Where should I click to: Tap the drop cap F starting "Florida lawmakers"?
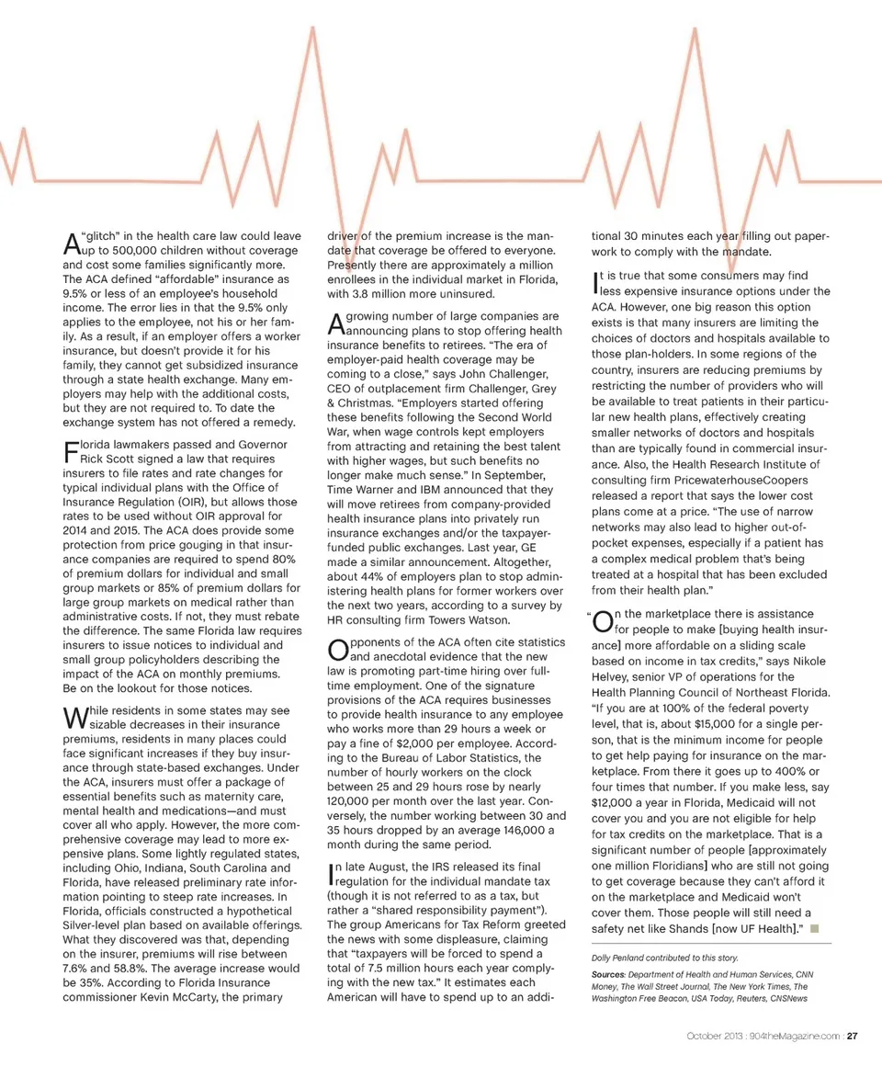[x=70, y=451]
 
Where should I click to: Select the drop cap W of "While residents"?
[x=74, y=719]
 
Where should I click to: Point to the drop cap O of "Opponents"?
[x=336, y=651]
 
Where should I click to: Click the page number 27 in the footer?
[x=853, y=1038]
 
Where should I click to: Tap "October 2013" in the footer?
[x=712, y=1038]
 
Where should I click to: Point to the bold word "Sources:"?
[x=609, y=974]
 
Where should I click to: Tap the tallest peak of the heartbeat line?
[x=314, y=28]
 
